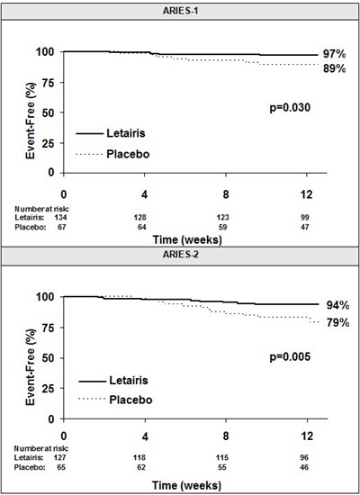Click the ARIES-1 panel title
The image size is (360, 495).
pyautogui.click(x=180, y=10)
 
